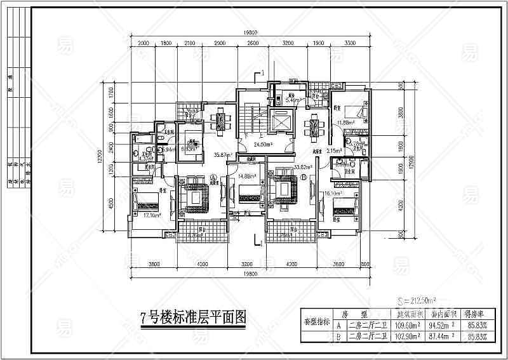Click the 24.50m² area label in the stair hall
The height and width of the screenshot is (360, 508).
(263, 145)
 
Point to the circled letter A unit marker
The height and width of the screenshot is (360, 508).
(214, 178)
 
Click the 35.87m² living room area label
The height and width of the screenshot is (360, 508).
(222, 155)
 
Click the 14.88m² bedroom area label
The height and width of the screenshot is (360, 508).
(247, 177)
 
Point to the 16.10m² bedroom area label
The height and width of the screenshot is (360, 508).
(333, 192)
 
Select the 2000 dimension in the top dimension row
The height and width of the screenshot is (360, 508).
(142, 44)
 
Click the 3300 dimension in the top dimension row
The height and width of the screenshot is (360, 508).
(349, 44)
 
